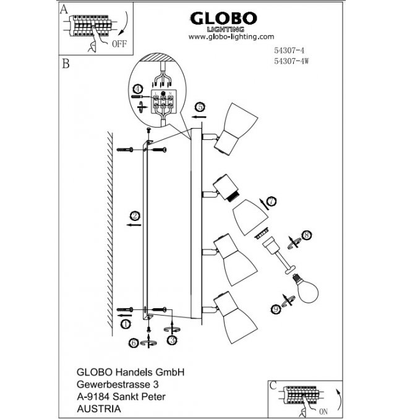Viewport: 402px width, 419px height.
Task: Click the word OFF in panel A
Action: (x=120, y=44)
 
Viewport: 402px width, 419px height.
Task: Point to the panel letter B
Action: (x=65, y=64)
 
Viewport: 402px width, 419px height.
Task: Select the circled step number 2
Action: (x=134, y=216)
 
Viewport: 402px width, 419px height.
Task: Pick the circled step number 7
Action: (x=272, y=201)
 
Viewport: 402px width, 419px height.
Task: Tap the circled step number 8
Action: (x=304, y=236)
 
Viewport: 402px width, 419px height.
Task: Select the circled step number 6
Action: (x=133, y=342)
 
